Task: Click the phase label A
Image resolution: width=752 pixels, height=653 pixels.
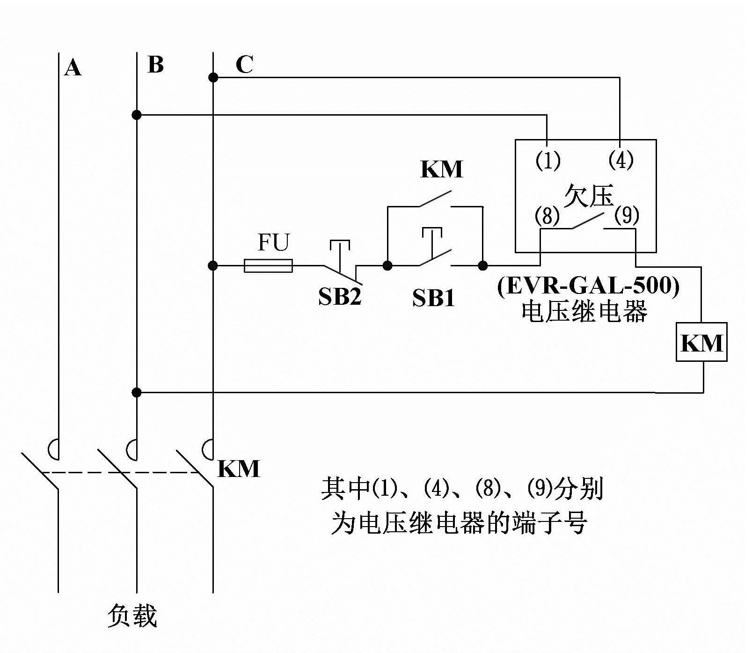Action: [73, 68]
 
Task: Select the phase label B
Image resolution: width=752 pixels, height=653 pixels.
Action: [155, 65]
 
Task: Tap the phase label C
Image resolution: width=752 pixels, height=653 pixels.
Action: [244, 65]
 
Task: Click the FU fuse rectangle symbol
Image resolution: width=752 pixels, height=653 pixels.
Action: [268, 266]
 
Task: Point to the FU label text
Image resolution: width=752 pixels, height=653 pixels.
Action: [273, 242]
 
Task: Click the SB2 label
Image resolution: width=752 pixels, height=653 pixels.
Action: [340, 296]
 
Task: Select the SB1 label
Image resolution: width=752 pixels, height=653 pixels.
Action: [433, 298]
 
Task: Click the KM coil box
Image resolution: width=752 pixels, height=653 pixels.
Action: [701, 342]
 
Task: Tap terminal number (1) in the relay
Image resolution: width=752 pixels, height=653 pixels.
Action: [548, 161]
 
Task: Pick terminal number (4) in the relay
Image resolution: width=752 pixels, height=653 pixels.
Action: [621, 160]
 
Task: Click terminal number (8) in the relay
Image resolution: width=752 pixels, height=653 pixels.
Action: [547, 216]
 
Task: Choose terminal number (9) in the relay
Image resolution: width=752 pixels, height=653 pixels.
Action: [626, 215]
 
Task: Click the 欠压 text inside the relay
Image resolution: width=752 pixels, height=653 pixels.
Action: [588, 195]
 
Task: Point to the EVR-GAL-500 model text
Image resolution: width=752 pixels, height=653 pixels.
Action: [588, 285]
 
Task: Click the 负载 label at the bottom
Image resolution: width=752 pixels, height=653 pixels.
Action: [132, 615]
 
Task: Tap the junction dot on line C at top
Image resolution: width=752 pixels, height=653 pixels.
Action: [213, 77]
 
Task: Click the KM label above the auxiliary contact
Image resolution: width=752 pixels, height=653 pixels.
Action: [441, 169]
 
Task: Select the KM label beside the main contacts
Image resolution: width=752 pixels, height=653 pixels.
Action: [239, 469]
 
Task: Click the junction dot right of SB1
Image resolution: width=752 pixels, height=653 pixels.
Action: [482, 266]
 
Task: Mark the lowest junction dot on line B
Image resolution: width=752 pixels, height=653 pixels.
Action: [136, 392]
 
